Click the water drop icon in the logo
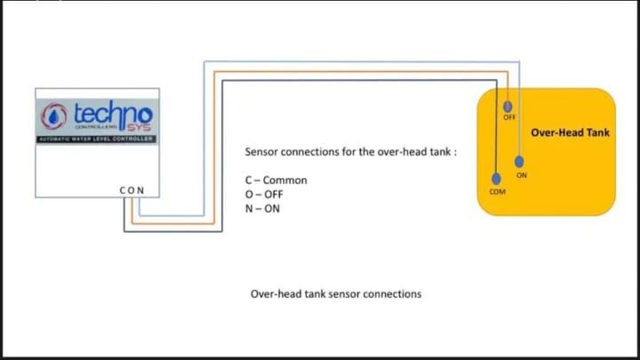point(56,116)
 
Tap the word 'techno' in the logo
point(113,113)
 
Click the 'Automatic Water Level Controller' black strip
point(97,140)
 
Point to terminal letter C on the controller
point(123,190)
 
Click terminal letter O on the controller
point(132,190)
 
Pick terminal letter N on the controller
point(140,190)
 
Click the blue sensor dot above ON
point(520,161)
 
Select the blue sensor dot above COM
point(496,179)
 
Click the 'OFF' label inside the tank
point(509,116)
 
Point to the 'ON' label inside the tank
point(522,175)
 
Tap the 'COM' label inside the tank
point(497,192)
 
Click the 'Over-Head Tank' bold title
point(570,133)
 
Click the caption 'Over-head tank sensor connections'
point(335,293)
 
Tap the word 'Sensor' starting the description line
point(262,152)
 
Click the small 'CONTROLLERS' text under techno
point(92,126)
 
